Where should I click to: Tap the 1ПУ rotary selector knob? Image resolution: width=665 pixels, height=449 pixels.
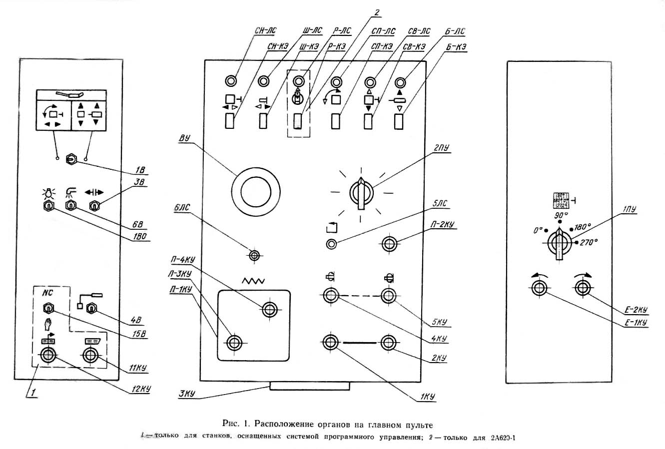[560, 243]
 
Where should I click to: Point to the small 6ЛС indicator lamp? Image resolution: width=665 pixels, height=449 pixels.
[255, 256]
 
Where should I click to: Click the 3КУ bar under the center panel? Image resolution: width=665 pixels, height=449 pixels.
[310, 387]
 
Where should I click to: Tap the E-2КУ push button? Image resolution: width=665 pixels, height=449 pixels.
[582, 288]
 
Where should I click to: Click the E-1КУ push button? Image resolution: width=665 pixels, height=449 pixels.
[539, 288]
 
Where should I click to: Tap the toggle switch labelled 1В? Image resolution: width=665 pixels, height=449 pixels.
[72, 159]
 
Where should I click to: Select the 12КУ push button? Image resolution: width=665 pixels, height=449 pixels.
[48, 356]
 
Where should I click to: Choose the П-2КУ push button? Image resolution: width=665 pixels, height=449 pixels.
[389, 244]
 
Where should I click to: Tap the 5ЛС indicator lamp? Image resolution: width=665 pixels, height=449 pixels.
[331, 244]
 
